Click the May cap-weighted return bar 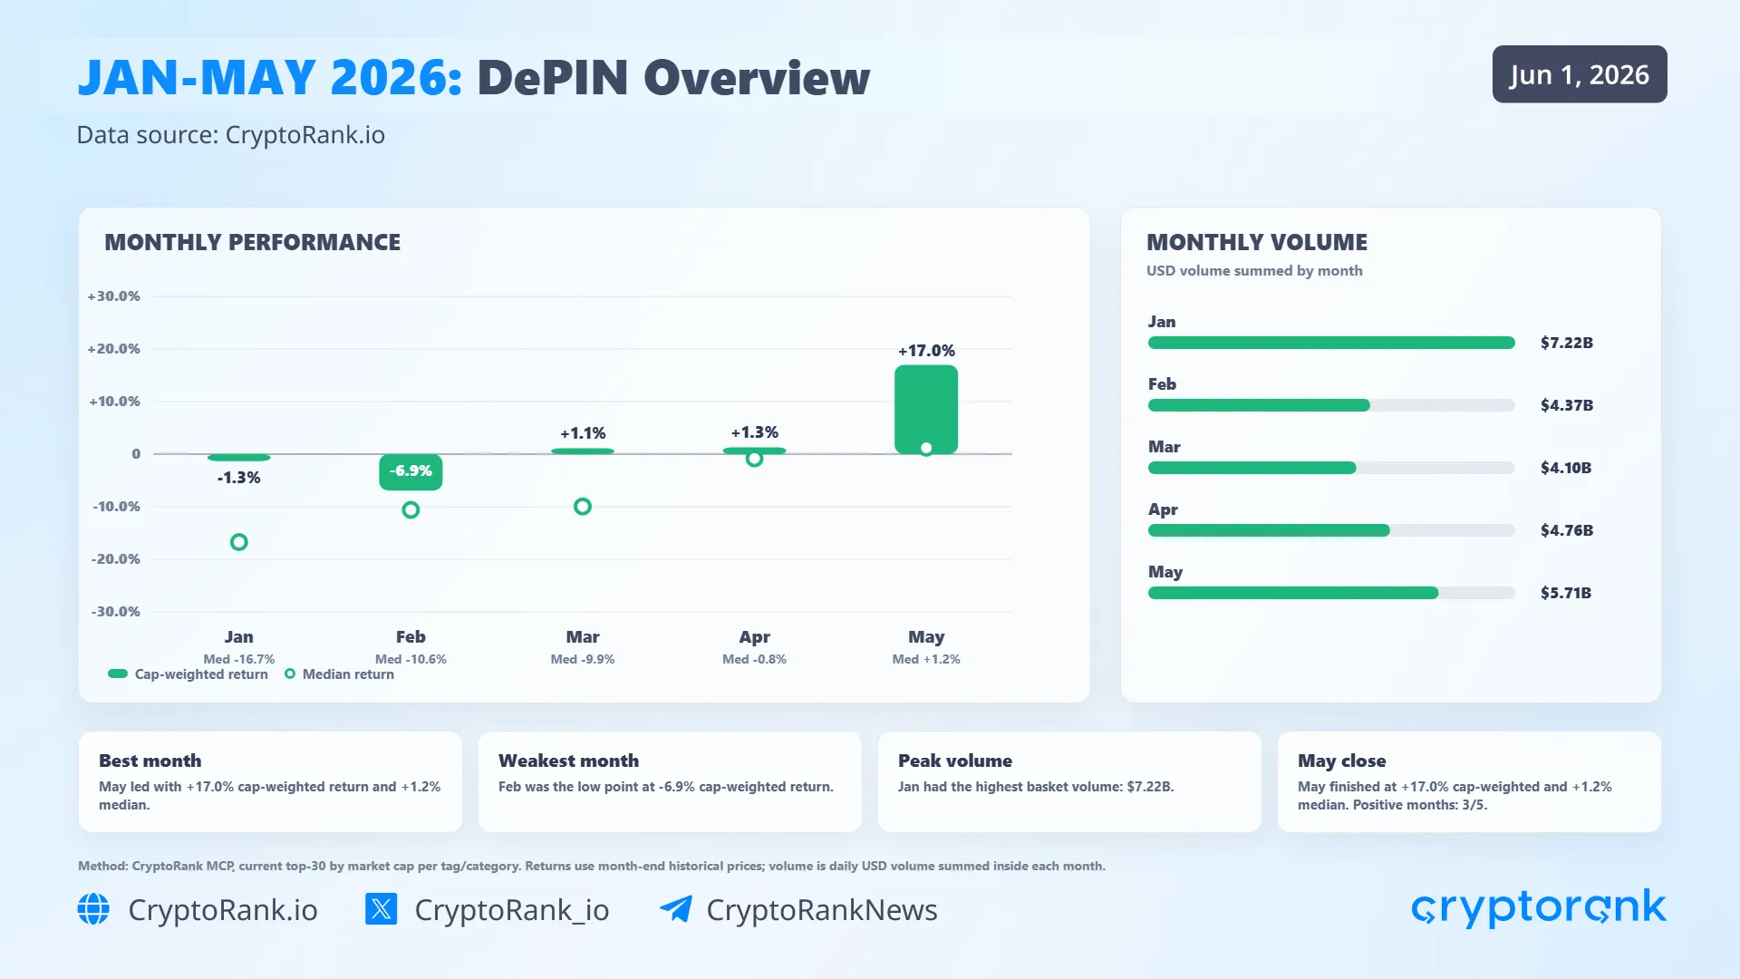(x=926, y=410)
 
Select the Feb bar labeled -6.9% (x=411, y=472)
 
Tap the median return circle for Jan (x=239, y=542)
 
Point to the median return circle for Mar (x=583, y=507)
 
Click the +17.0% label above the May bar (x=926, y=351)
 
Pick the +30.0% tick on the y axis (x=113, y=296)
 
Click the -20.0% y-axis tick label (x=115, y=559)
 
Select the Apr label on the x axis (x=754, y=637)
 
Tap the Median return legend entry (x=340, y=674)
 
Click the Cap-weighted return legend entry (x=188, y=674)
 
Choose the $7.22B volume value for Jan (x=1567, y=343)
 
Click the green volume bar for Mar (x=1252, y=468)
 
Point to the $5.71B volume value (x=1566, y=593)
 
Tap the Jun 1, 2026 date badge (x=1580, y=74)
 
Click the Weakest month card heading (x=568, y=761)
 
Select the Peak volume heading (x=955, y=761)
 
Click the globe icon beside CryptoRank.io (x=93, y=909)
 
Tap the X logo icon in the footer (x=381, y=908)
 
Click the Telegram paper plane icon (x=676, y=908)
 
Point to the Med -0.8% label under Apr (x=754, y=659)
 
